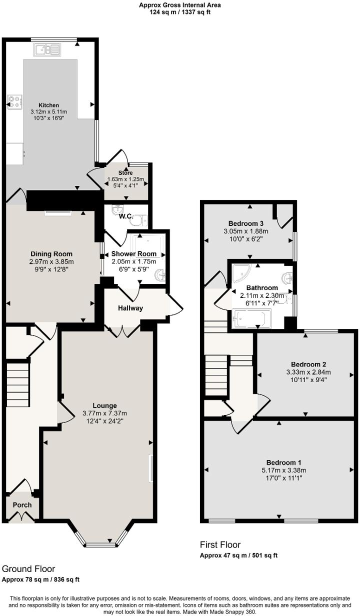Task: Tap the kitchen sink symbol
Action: [47, 49]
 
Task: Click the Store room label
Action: [125, 173]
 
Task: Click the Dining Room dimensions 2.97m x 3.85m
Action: [52, 261]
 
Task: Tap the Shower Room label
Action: [134, 254]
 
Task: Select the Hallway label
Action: [130, 308]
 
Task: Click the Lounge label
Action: [104, 405]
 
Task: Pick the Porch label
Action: [22, 504]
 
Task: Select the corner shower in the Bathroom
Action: [241, 271]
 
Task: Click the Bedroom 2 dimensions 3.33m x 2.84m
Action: [308, 372]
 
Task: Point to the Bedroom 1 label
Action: [283, 462]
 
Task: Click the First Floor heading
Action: [220, 545]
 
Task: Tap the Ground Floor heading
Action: [28, 569]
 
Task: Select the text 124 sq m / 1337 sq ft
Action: [180, 12]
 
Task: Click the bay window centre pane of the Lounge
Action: [98, 543]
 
